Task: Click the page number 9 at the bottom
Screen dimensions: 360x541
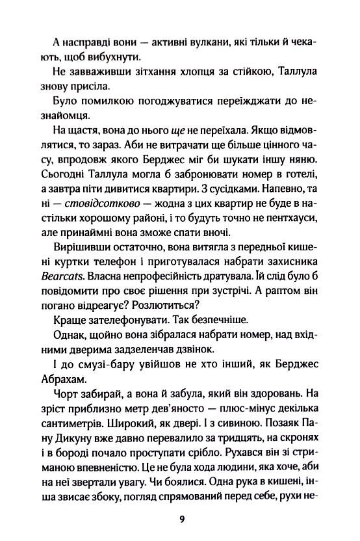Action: [181, 517]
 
